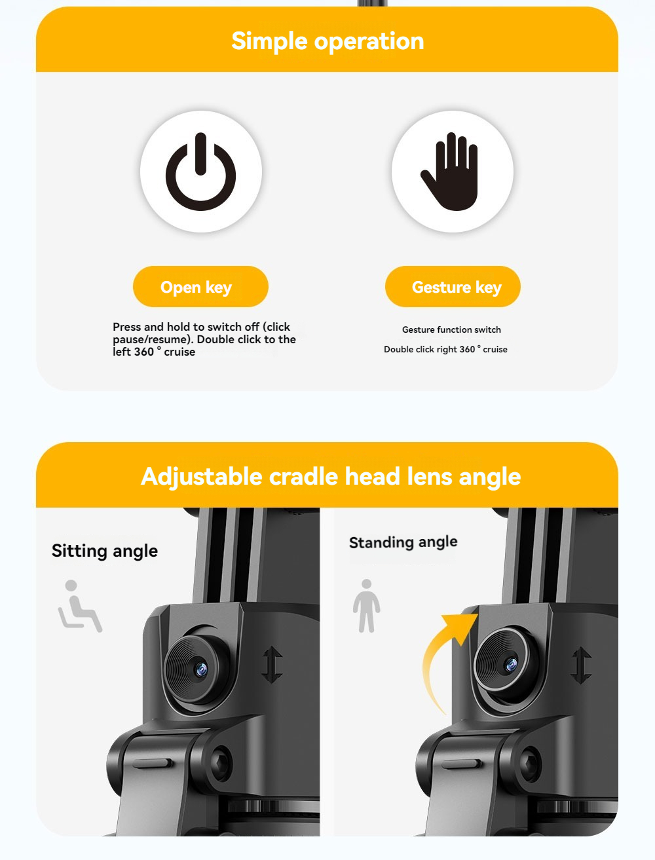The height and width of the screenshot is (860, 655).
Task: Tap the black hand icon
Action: tap(451, 172)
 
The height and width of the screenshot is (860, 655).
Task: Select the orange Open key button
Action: tap(200, 286)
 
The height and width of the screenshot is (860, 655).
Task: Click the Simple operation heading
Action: tap(327, 41)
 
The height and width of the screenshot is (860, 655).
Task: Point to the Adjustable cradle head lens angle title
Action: tap(331, 476)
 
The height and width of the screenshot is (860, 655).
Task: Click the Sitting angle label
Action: tap(105, 551)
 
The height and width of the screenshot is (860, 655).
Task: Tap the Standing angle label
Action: tap(403, 542)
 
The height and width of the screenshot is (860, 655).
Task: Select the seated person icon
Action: tap(80, 606)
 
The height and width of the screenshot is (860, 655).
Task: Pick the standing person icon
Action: tap(366, 606)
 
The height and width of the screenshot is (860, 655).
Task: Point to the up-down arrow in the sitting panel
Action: tap(272, 665)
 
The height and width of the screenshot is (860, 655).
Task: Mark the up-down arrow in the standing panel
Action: tap(582, 665)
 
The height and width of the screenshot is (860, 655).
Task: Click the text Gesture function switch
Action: tap(451, 329)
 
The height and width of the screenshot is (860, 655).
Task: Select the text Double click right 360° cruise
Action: tap(445, 349)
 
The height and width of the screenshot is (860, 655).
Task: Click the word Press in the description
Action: tap(126, 327)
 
